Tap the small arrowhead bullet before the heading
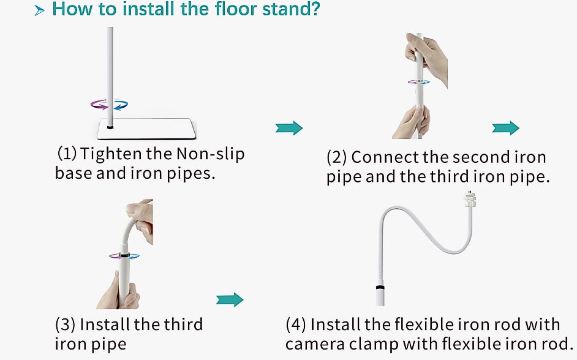(x=39, y=10)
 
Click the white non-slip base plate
(x=146, y=129)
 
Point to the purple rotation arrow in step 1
(x=99, y=105)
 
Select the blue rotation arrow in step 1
(x=121, y=105)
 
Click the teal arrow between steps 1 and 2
(x=289, y=128)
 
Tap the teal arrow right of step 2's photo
(x=505, y=128)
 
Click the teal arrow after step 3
(x=230, y=299)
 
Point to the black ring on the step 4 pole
(x=380, y=286)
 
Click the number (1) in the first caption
(x=67, y=153)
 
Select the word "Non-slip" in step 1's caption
(x=211, y=154)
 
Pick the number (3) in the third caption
(x=65, y=324)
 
